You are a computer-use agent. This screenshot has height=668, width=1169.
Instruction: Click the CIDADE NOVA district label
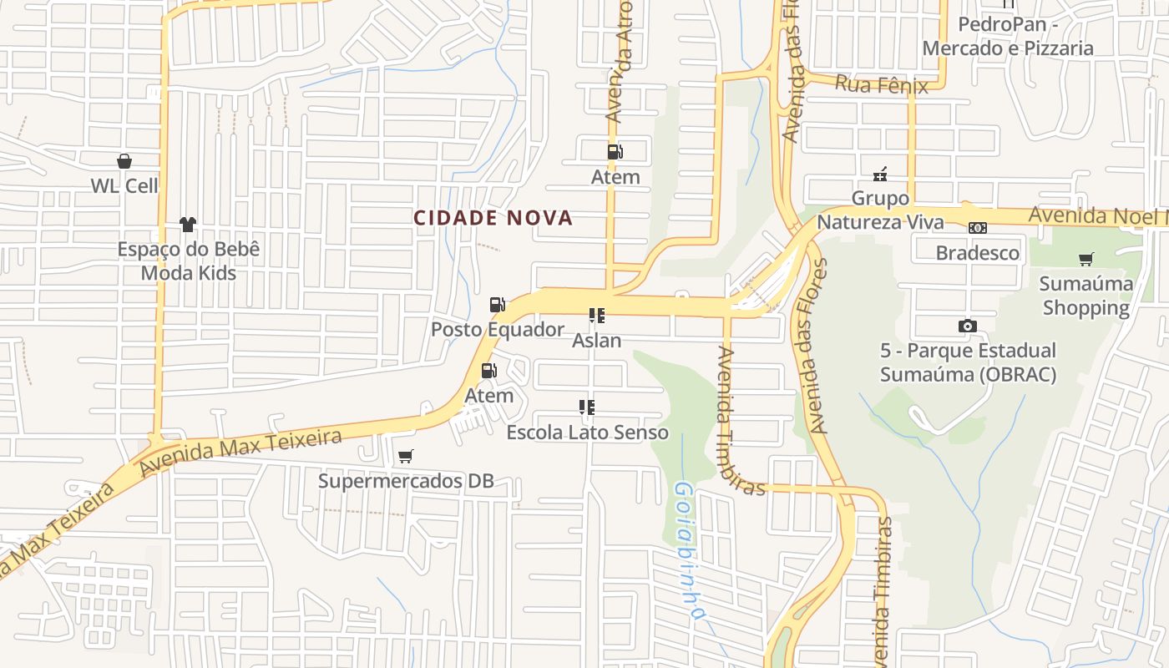[493, 218]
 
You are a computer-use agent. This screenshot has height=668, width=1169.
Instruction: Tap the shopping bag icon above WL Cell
[124, 161]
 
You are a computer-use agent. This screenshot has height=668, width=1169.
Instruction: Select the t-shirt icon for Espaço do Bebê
[188, 225]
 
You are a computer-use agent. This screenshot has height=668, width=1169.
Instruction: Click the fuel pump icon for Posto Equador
[498, 305]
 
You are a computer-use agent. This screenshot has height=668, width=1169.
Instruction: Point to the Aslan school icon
[596, 316]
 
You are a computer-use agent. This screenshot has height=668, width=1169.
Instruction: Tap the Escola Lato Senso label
[587, 433]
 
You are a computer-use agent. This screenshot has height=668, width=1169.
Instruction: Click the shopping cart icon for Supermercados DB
[406, 456]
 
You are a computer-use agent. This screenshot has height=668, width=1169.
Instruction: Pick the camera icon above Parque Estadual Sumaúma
[968, 326]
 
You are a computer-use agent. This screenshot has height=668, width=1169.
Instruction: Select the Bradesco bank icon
[978, 228]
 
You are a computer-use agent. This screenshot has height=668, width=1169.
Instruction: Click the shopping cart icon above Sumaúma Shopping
[1085, 259]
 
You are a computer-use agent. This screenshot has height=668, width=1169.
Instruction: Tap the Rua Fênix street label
[882, 84]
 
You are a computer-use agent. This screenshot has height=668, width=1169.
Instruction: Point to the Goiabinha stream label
[686, 551]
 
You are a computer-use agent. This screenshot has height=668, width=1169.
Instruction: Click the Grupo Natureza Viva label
[880, 210]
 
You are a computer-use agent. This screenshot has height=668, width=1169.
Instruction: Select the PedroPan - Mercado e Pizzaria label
[1008, 36]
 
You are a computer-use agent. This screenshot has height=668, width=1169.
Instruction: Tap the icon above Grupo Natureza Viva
[879, 175]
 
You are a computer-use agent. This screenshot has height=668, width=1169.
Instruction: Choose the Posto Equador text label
[498, 330]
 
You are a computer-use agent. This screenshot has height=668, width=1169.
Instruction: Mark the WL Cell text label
[124, 185]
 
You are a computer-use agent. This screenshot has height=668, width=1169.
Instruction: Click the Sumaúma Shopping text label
[1085, 296]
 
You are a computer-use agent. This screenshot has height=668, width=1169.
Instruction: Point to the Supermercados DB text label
[406, 481]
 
